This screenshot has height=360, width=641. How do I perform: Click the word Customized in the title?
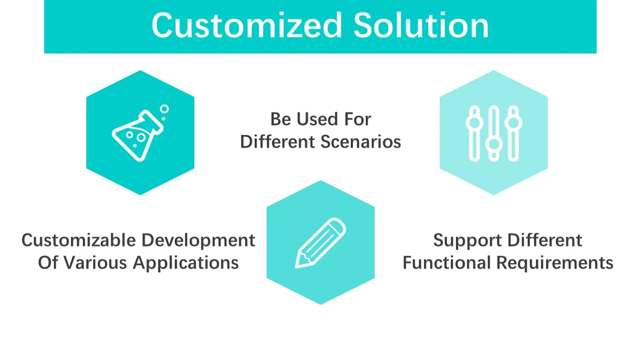(247, 26)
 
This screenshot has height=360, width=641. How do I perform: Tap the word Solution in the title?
(421, 26)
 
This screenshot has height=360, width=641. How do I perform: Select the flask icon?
(138, 136)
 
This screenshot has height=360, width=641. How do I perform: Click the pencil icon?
(320, 243)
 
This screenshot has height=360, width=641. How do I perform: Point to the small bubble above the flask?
(165, 109)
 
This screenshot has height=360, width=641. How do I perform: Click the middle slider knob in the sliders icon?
(494, 144)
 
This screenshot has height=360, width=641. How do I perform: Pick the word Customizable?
(79, 240)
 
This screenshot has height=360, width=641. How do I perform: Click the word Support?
(468, 241)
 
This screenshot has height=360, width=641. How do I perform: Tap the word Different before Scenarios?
(277, 142)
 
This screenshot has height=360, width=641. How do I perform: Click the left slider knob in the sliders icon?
(474, 123)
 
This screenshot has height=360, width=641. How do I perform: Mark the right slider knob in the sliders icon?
(513, 123)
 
